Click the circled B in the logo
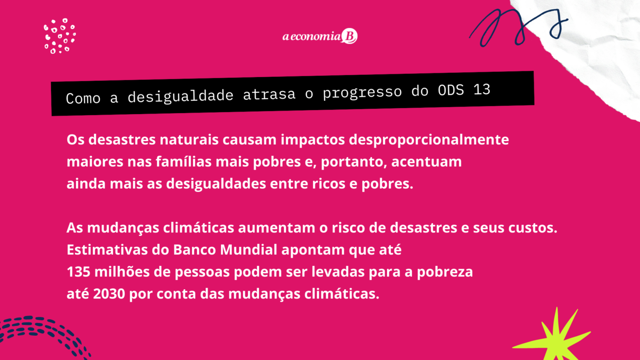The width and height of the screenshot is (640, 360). coord(349,36)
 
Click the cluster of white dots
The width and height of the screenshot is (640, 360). coord(60,36)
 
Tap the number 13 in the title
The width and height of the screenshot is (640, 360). coord(482,90)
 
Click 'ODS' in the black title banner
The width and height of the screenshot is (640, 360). coord(450,91)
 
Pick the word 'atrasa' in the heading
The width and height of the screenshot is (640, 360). coord(269,94)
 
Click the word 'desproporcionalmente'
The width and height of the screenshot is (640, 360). coord(429,140)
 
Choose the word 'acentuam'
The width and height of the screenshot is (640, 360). coord(426,162)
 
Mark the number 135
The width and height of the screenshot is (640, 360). coord(79,272)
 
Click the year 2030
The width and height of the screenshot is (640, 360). coord(109,294)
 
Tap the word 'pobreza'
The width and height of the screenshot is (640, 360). coord(445,272)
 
